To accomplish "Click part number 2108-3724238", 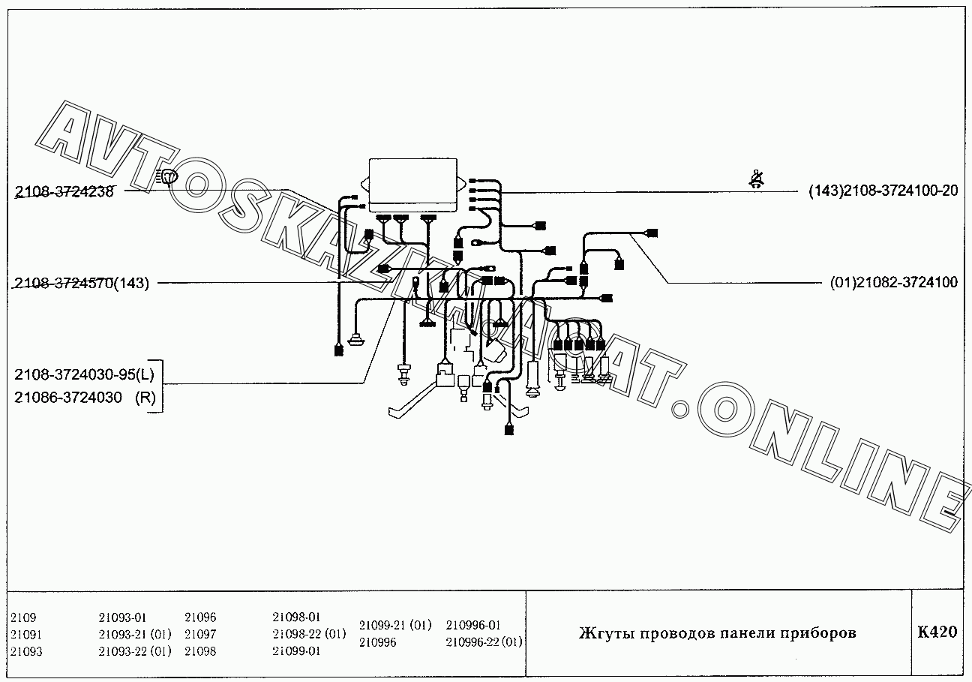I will point(64,191).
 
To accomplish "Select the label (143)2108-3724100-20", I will point(883,191).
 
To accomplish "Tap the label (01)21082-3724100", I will point(893,283).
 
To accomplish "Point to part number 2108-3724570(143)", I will point(82,283).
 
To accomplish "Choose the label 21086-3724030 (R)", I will point(85,398).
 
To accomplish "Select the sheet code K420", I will point(937,632).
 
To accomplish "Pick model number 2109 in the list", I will point(23,617).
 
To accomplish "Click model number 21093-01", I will point(122,617).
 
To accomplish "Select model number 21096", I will point(200,617).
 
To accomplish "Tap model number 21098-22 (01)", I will point(309,634).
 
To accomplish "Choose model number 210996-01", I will point(473,625).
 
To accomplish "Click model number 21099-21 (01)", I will point(395,625).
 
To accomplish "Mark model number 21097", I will point(200,634).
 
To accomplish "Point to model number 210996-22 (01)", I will point(484,641).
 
